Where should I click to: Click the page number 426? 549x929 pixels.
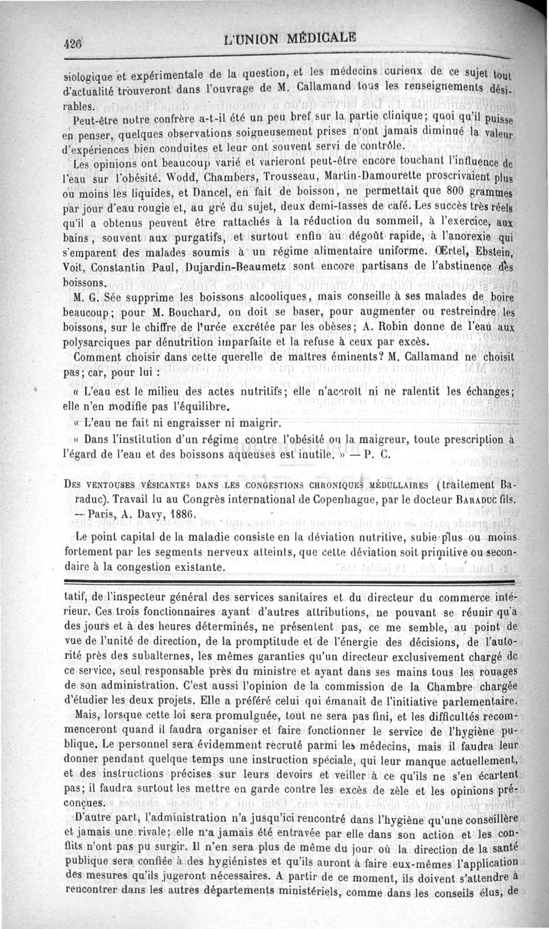(72, 42)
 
